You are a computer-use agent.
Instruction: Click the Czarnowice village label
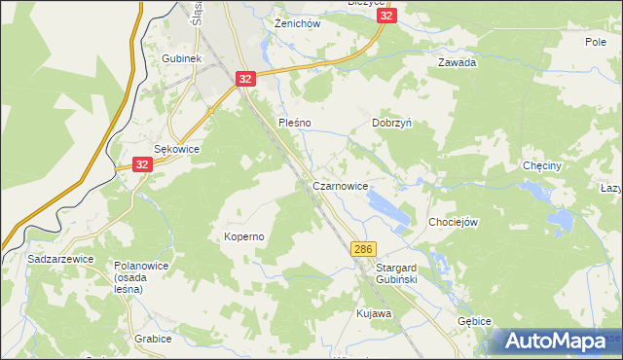pos(340,186)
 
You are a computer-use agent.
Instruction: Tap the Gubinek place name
pos(182,59)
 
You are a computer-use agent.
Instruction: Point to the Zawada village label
pos(457,62)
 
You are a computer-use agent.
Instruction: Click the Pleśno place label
pos(294,124)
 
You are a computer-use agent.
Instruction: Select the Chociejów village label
pos(454,222)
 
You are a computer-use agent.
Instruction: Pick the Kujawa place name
pos(373,314)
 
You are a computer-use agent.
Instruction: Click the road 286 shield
pos(363,250)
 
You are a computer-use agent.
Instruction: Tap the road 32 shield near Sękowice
pos(142,165)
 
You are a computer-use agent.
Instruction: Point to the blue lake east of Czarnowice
pos(386,206)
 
